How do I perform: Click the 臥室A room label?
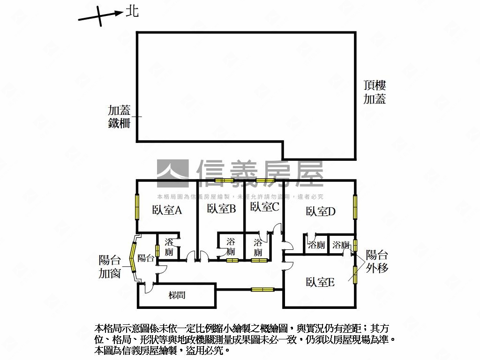(167, 210)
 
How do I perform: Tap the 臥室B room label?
(221, 209)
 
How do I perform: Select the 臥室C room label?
(264, 206)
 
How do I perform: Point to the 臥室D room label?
(321, 211)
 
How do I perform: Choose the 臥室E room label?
(320, 282)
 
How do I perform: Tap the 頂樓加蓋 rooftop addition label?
(375, 92)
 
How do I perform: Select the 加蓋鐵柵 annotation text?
(119, 117)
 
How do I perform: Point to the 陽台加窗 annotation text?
(110, 267)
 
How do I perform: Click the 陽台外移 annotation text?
(377, 262)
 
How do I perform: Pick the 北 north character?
(133, 11)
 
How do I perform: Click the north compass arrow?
(99, 16)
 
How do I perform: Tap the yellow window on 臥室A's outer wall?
(137, 207)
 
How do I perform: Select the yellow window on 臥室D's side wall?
(355, 206)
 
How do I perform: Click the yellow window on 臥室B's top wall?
(224, 180)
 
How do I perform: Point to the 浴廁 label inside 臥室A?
(169, 247)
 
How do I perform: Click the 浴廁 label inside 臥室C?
(258, 247)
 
